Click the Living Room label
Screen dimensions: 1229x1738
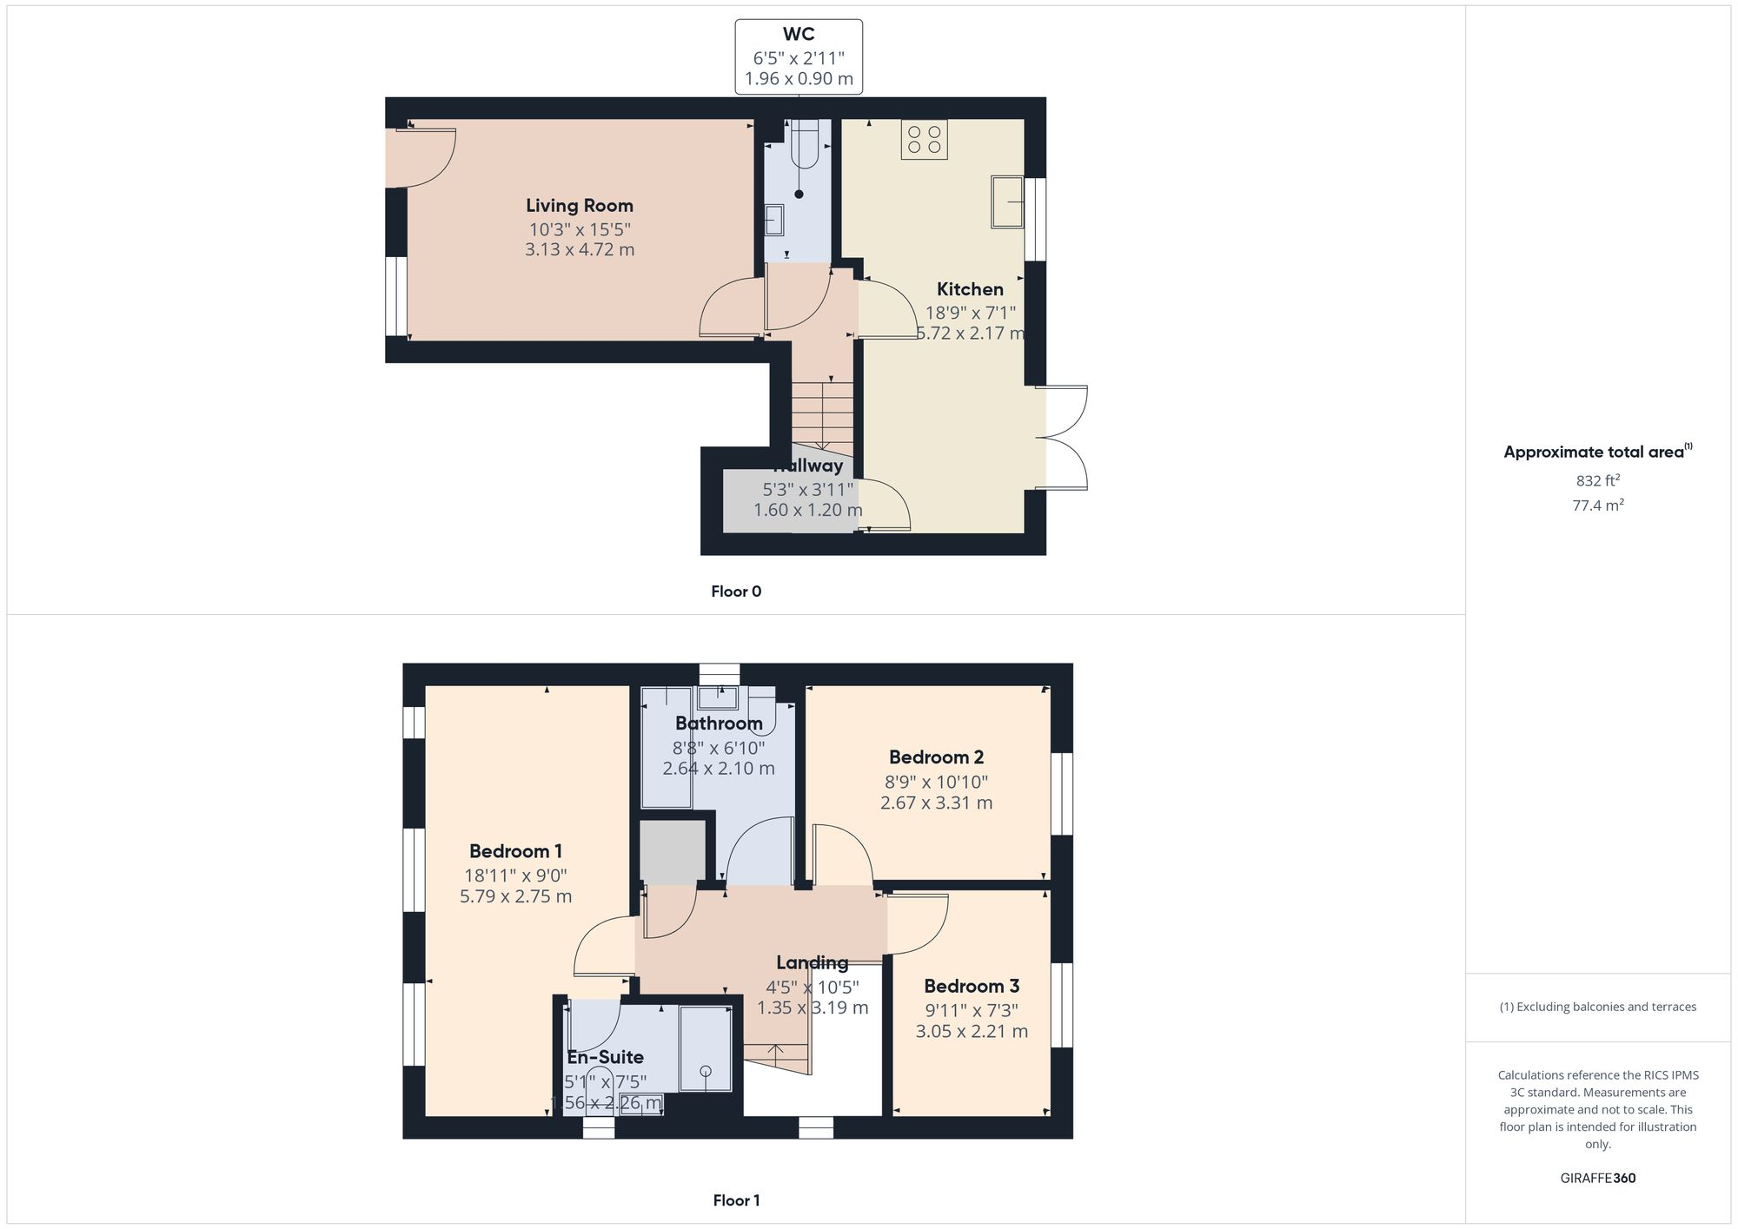580,206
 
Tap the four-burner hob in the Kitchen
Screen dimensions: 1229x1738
924,139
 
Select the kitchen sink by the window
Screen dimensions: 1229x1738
1007,202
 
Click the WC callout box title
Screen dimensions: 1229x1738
799,35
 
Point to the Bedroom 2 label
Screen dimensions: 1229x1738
936,757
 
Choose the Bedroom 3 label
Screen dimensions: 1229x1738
972,987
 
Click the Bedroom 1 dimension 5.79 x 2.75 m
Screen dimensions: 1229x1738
515,896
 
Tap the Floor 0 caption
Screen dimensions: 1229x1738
736,591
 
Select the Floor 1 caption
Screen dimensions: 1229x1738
736,1200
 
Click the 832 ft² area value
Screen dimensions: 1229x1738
1597,480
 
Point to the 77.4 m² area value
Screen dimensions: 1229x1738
1597,505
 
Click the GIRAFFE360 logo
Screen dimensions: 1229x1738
1597,1179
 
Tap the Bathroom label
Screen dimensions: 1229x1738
719,724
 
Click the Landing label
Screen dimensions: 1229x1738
812,962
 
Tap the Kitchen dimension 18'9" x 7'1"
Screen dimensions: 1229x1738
970,313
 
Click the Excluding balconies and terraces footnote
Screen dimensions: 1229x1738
1597,1008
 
